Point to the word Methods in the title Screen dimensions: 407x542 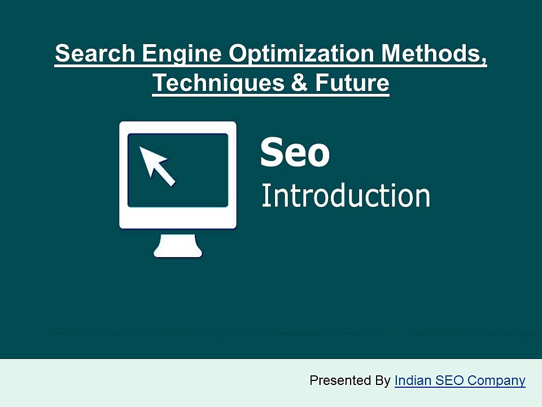(x=430, y=54)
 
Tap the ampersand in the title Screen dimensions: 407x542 (x=299, y=84)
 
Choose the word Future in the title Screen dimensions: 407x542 (x=352, y=84)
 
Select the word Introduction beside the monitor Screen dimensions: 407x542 (x=346, y=196)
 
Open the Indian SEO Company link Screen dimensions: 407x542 (x=460, y=380)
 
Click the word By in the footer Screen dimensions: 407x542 (x=383, y=381)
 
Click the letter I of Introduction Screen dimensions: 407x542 (x=265, y=196)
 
